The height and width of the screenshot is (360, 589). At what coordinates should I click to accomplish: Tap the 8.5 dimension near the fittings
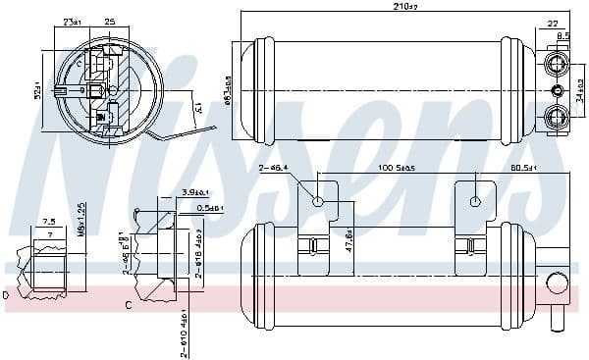coord(562,36)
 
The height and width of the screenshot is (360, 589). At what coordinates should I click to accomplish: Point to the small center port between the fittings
coord(558,90)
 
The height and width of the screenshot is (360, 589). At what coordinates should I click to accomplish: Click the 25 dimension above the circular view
coord(109,21)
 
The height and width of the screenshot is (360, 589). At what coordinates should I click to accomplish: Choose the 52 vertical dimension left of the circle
coord(40,93)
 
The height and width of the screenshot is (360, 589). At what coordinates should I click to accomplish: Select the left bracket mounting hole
coord(318,202)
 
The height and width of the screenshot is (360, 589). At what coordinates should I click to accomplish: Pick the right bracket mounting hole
coord(475,202)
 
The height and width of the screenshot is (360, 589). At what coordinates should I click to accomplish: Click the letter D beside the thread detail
coord(6,293)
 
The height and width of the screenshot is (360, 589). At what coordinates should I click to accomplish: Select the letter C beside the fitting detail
coord(129,306)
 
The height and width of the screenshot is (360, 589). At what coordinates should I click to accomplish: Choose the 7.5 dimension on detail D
coord(48,222)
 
